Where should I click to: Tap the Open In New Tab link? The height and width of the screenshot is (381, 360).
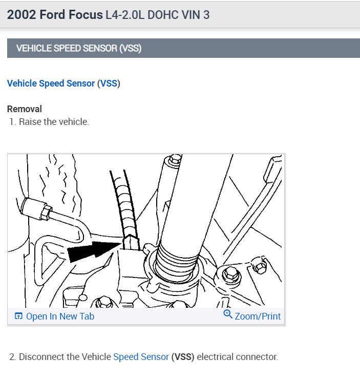coord(60,316)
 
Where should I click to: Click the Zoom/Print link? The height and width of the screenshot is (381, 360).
coord(258,316)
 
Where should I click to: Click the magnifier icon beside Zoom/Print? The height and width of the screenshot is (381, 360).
coord(228,314)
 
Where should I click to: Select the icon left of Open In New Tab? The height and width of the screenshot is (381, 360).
coord(18,316)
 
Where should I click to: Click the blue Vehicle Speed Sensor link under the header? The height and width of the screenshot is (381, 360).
coord(51,83)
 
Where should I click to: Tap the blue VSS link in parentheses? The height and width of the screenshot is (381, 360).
coord(109,83)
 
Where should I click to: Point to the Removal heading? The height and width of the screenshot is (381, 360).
coord(25,109)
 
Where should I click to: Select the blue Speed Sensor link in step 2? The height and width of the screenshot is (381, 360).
coord(141,356)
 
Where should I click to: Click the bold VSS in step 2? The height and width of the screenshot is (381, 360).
coord(183,356)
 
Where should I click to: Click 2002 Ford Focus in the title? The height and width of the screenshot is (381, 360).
coord(55,14)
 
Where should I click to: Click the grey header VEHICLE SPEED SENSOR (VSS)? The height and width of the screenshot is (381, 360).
coord(79,49)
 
